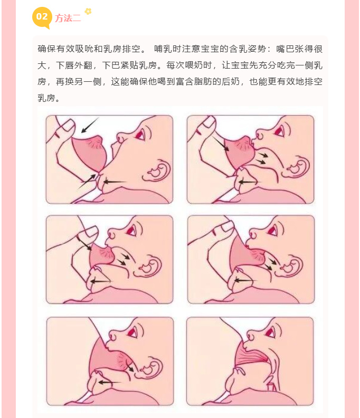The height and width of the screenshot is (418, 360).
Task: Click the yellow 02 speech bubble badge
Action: click(x=42, y=17)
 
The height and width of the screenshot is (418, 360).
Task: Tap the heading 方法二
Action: click(x=68, y=18)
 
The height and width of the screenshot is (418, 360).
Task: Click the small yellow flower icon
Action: click(x=88, y=11)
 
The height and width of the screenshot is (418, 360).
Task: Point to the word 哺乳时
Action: click(x=167, y=49)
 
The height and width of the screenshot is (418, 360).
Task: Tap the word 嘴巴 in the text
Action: click(x=285, y=49)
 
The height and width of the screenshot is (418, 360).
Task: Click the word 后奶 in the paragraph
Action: click(x=231, y=82)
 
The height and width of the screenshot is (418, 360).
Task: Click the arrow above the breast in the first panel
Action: click(x=90, y=125)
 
